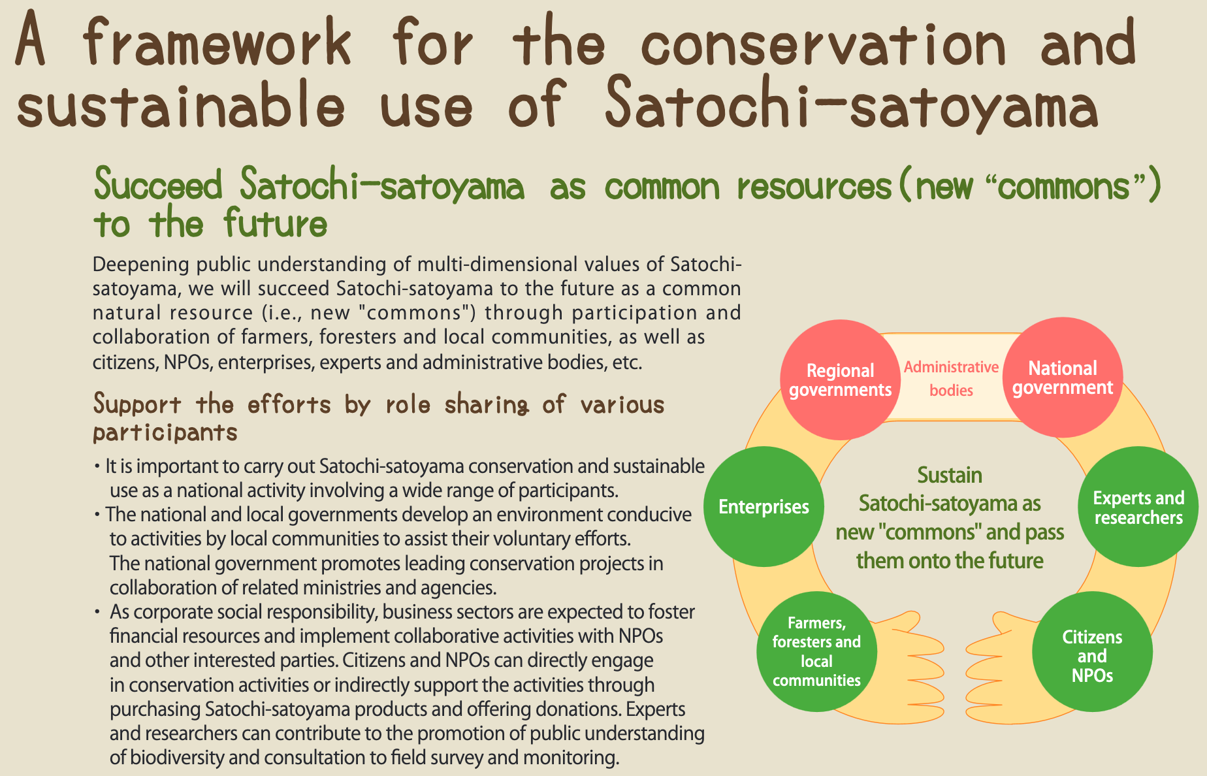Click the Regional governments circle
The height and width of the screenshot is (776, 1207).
tap(840, 380)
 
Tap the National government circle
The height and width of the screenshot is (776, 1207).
tap(1063, 378)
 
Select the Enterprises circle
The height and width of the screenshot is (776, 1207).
tap(764, 506)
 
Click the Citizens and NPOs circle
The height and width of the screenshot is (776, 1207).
tap(1092, 651)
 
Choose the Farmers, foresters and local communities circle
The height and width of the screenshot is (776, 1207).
tap(816, 651)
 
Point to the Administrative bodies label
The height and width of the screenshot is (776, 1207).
tap(951, 378)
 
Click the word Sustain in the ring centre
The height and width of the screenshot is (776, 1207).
tap(950, 475)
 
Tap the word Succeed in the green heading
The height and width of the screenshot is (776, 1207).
tap(159, 186)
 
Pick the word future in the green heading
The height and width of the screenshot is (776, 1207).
tap(275, 223)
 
